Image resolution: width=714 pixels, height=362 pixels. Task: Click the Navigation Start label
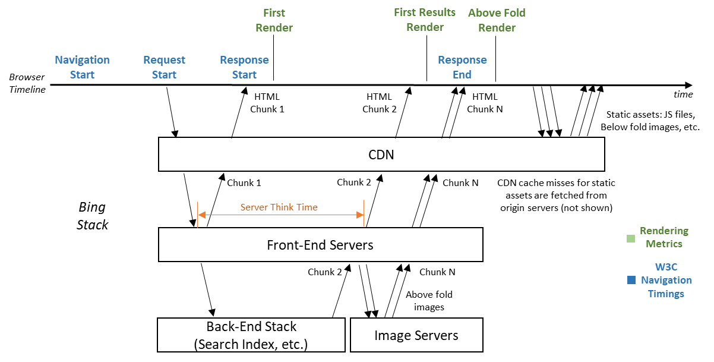pos(82,67)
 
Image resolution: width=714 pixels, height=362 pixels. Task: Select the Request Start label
pos(164,67)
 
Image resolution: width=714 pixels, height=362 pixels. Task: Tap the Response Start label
pos(244,67)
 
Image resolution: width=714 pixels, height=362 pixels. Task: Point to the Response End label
pos(462,67)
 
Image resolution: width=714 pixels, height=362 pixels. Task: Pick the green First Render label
pos(274,20)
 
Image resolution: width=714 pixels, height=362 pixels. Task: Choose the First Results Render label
pos(425,20)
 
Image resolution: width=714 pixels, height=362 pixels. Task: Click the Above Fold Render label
pos(497,20)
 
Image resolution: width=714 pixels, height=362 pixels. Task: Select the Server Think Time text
pos(279,207)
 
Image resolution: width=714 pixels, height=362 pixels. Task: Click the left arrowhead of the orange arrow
pos(201,215)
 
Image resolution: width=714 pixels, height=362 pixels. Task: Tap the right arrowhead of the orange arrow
pos(360,215)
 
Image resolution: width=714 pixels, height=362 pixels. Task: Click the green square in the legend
pos(631,239)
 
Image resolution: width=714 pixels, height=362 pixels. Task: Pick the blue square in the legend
pos(631,280)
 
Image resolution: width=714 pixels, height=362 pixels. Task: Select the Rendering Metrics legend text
pos(664,237)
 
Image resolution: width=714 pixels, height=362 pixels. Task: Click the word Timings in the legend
pos(666,294)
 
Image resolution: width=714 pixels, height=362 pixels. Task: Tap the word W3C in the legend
pos(666,266)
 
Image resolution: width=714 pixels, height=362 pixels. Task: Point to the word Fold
pos(514,12)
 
